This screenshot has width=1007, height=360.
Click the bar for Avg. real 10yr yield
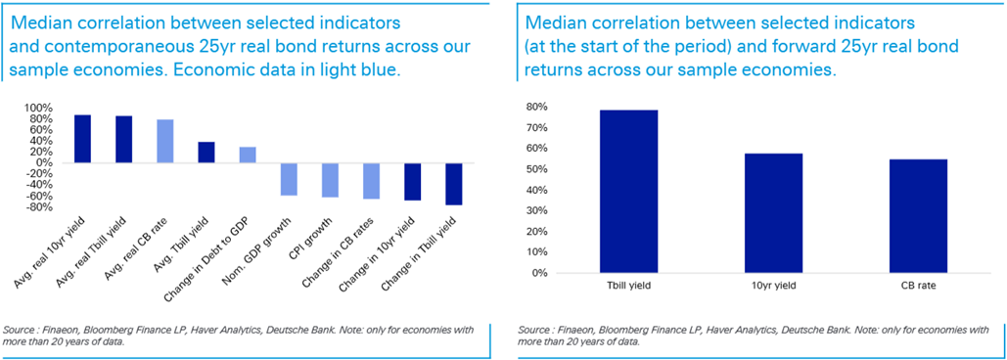83,139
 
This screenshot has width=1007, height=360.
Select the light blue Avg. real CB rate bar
165,141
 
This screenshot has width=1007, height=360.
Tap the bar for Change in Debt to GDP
248,156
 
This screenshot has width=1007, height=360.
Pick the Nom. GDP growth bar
289,180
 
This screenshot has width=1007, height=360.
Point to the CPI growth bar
330,180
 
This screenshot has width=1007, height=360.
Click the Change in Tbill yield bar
453,184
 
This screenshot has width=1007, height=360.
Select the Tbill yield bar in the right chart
628,191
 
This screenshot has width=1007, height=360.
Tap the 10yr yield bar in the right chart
773,213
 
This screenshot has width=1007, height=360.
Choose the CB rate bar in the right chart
918,215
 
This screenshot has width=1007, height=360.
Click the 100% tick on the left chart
53,108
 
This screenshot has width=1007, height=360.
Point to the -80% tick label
53,207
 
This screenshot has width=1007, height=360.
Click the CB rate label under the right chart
918,285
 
